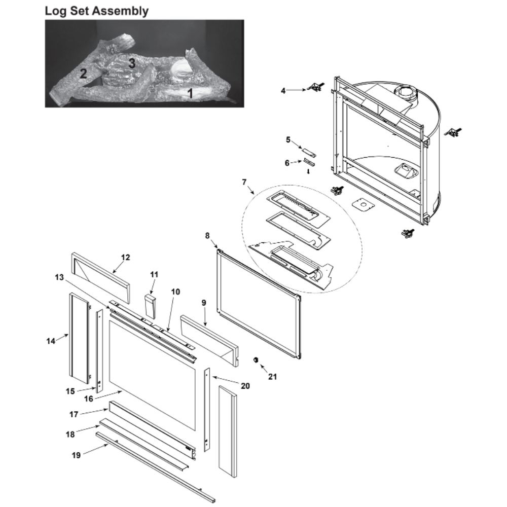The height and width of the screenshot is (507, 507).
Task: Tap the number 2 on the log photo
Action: pyautogui.click(x=84, y=74)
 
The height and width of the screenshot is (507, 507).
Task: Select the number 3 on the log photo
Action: pyautogui.click(x=132, y=63)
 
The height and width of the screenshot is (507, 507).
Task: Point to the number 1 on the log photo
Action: pyautogui.click(x=191, y=93)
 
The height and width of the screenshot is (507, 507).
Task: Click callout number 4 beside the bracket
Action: pyautogui.click(x=283, y=91)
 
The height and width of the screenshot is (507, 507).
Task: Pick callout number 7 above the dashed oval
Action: pyautogui.click(x=244, y=183)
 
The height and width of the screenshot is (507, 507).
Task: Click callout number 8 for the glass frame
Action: pyautogui.click(x=207, y=236)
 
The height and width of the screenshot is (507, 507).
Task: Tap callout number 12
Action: pyautogui.click(x=125, y=258)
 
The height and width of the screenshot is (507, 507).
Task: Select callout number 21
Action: pyautogui.click(x=273, y=377)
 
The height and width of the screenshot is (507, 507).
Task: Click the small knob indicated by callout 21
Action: pyautogui.click(x=256, y=360)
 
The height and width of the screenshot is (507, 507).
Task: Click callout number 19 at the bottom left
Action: pyautogui.click(x=76, y=455)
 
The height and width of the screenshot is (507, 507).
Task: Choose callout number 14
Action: pyautogui.click(x=51, y=341)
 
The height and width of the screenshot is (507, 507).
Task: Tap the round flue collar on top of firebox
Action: pyautogui.click(x=405, y=93)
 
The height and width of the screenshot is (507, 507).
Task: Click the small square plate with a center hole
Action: pyautogui.click(x=363, y=205)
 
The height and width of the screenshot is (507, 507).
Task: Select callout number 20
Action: pyautogui.click(x=245, y=386)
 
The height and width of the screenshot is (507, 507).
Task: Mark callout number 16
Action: pyautogui.click(x=89, y=399)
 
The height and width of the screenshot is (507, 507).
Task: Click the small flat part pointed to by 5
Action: pyautogui.click(x=309, y=152)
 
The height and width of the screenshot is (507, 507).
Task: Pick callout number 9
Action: pyautogui.click(x=204, y=303)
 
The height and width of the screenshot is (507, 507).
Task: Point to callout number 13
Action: pyautogui.click(x=59, y=277)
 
